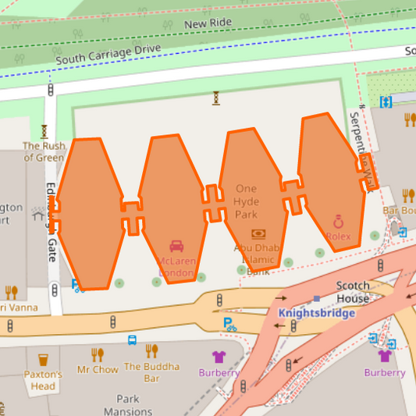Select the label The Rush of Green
44,151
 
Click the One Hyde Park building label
246,201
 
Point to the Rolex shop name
339,236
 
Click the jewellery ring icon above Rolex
339,221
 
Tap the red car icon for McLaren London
176,246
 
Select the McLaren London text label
176,266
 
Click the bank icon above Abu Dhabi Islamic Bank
258,233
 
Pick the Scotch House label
353,292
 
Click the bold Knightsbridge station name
317,313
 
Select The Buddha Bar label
151,372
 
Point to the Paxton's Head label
43,380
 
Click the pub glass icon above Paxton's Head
43,361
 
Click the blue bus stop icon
132,340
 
